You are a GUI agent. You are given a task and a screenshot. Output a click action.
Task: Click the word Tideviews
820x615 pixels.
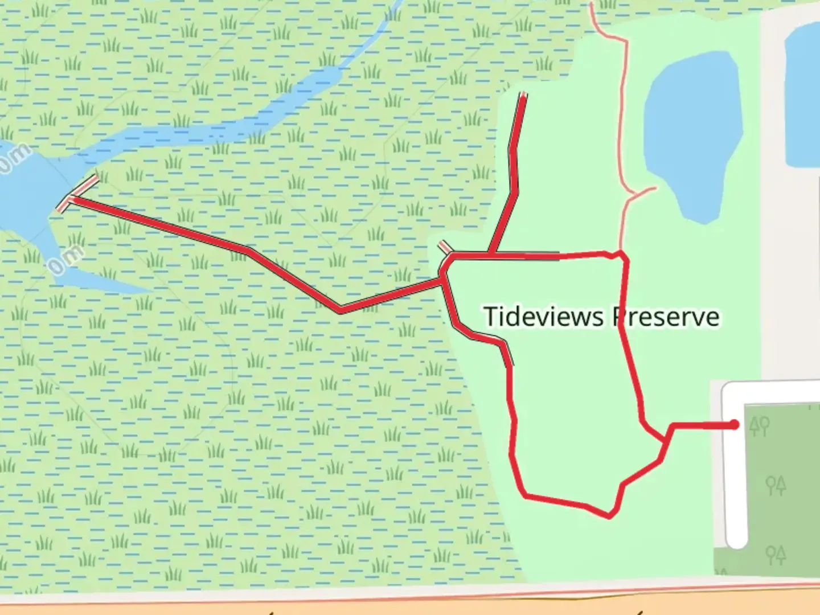[x=543, y=317]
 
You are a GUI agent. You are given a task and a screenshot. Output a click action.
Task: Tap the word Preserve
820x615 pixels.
[x=666, y=317]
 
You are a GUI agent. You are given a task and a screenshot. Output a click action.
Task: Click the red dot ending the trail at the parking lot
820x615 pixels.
[x=735, y=424]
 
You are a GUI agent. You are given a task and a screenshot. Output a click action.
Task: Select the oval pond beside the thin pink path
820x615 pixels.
[x=694, y=137]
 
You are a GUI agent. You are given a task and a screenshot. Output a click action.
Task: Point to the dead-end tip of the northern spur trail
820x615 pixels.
[x=523, y=96]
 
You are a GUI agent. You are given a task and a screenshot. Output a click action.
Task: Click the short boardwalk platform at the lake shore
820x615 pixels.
[x=77, y=194]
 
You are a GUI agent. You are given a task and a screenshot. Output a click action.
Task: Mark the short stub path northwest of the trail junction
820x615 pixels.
[x=445, y=247]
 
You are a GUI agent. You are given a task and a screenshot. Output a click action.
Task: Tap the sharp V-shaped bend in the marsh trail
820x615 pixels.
[x=340, y=310]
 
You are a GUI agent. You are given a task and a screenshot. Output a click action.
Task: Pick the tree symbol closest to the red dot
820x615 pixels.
[x=760, y=425]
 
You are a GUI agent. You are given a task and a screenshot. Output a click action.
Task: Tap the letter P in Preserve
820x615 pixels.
[x=619, y=317]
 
